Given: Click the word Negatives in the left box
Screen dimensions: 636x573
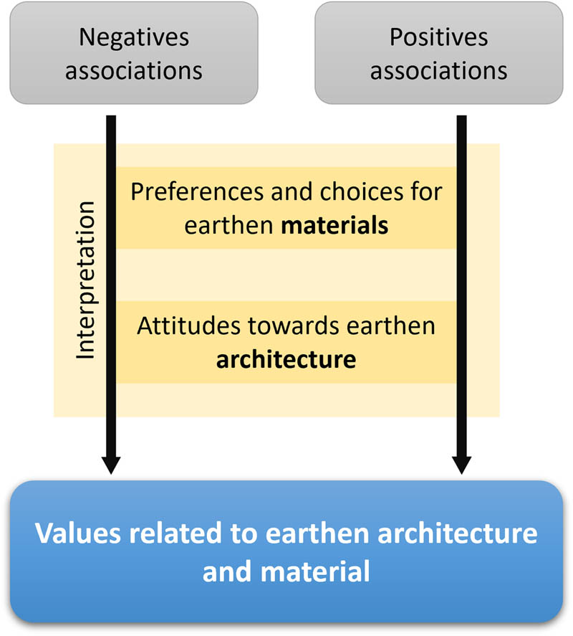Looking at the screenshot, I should (134, 37).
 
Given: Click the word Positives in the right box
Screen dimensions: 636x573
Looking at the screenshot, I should (438, 37).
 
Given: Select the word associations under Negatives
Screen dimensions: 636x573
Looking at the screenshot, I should (134, 71).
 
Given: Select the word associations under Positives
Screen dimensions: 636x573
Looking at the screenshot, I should (438, 71).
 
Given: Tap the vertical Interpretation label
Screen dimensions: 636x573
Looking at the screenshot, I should (85, 280).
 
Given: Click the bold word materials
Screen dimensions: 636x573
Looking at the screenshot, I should (334, 225).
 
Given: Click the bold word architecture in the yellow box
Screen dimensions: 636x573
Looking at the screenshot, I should (286, 359).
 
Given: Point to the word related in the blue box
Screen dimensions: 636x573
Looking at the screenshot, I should (171, 535).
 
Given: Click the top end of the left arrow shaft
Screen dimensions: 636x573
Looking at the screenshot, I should (110, 118).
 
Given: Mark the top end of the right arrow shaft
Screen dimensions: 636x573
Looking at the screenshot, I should (461, 118).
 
